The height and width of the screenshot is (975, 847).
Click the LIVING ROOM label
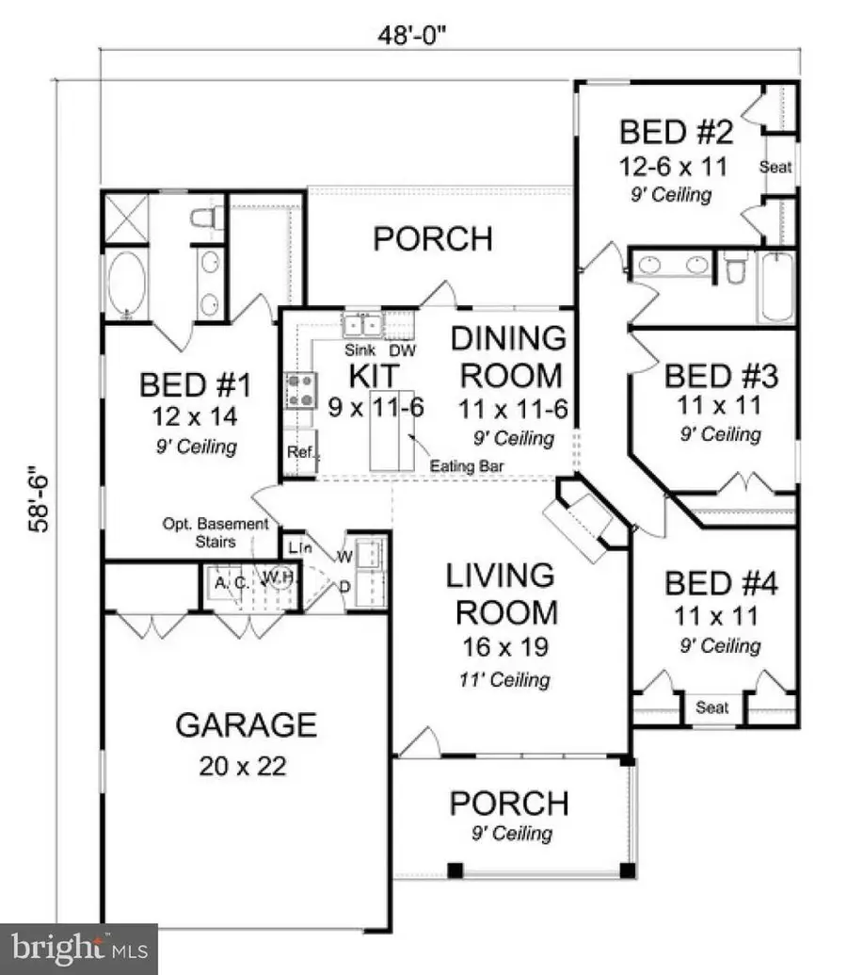506,593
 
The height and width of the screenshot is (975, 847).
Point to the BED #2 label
676,131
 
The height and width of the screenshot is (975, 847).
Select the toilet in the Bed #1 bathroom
205,219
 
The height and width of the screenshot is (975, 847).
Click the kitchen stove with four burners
300,391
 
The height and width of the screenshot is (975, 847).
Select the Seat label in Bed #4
711,707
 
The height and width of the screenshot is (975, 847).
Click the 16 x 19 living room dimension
506,647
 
